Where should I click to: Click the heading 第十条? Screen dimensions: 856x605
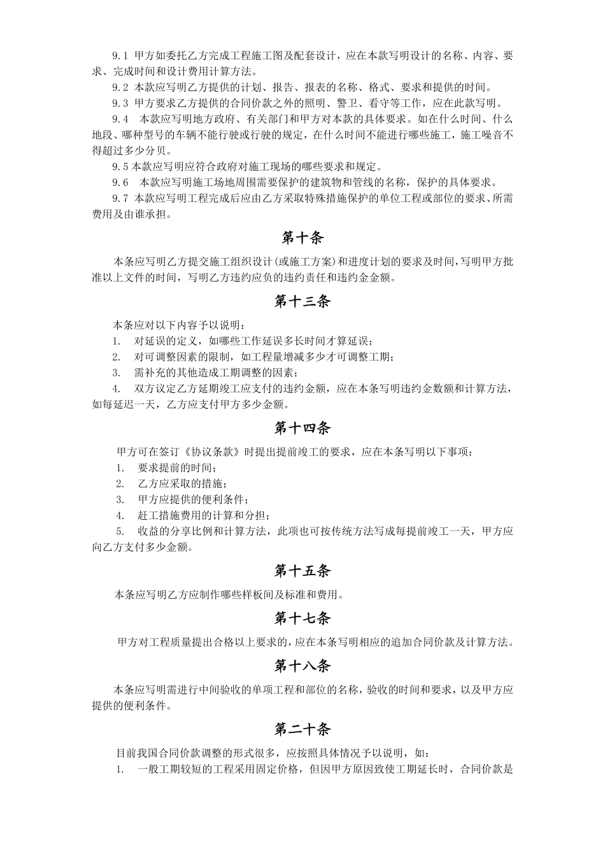point(302,238)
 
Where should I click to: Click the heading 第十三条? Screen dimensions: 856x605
point(302,301)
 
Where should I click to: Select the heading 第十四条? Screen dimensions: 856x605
point(302,428)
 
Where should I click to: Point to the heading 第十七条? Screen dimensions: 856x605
point(302,618)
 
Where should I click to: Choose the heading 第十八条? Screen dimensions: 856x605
point(302,666)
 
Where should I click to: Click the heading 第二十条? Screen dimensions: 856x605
point(302,729)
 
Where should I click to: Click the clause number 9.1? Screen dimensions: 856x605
point(120,56)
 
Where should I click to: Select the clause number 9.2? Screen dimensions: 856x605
point(120,87)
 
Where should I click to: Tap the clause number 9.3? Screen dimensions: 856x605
point(120,103)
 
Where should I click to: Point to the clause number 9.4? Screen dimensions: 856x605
point(120,119)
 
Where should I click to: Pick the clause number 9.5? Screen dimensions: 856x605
point(120,167)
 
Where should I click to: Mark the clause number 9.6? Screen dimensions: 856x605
point(120,183)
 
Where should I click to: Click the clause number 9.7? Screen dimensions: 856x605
point(120,199)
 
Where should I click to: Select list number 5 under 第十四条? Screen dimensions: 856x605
point(120,531)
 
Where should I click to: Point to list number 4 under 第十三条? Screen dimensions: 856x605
point(117,389)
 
